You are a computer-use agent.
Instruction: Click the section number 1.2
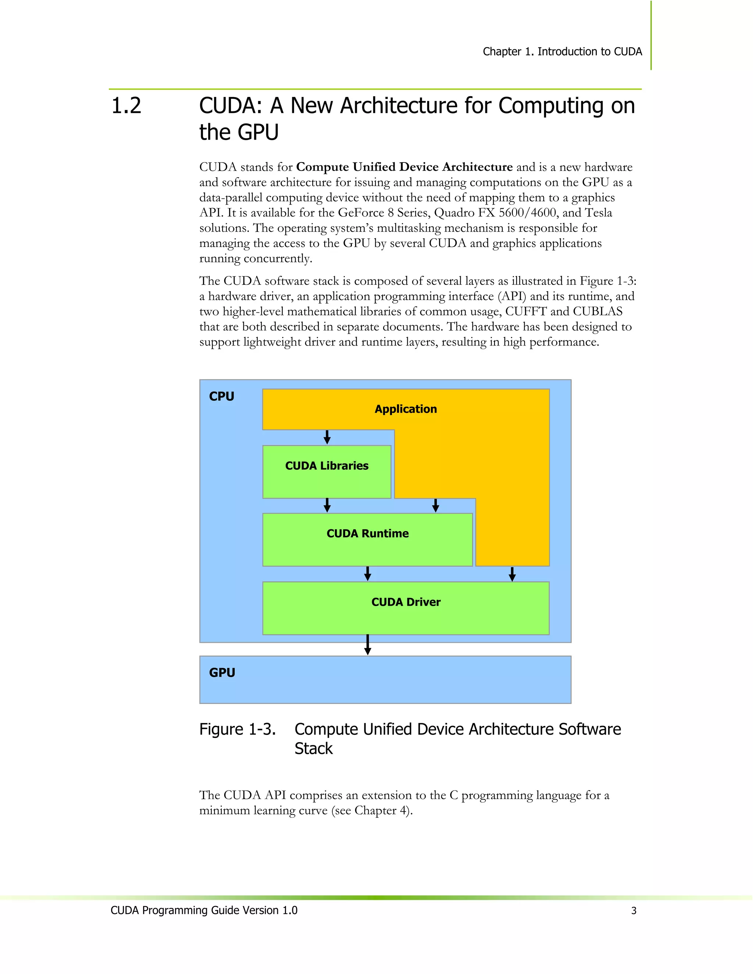click(x=126, y=106)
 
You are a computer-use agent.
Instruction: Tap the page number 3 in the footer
click(x=634, y=911)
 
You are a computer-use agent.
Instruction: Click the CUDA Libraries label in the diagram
click(x=326, y=466)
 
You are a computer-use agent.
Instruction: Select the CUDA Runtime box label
click(x=367, y=533)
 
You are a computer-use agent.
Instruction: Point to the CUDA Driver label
click(x=406, y=602)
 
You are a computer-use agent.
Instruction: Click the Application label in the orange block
click(x=406, y=409)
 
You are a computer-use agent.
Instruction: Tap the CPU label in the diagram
click(x=221, y=397)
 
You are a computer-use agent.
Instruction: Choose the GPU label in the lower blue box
click(x=222, y=673)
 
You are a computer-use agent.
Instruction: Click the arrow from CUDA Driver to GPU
click(x=368, y=645)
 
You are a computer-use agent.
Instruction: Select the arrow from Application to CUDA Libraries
click(x=327, y=437)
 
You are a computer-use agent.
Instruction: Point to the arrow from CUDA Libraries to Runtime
click(x=327, y=505)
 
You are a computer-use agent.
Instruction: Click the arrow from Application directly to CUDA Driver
click(x=512, y=574)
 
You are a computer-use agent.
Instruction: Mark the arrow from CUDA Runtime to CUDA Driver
click(x=368, y=573)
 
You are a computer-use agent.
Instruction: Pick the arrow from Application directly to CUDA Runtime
click(x=436, y=505)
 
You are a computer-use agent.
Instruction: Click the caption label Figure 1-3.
click(x=237, y=729)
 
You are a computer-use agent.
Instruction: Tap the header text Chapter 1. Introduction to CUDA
click(x=562, y=52)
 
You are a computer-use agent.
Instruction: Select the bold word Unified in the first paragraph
click(x=374, y=167)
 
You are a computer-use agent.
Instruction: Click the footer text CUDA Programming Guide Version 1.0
click(x=204, y=910)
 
